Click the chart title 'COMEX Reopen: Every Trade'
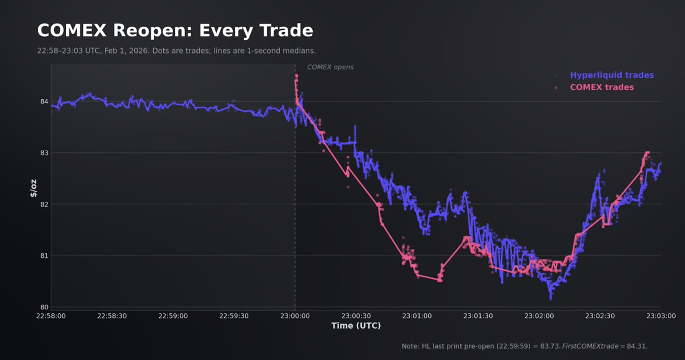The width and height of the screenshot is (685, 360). (175, 30)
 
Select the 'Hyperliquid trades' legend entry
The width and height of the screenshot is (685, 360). (611, 75)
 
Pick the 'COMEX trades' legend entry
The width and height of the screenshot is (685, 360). (602, 87)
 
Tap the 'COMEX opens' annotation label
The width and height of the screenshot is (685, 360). (330, 67)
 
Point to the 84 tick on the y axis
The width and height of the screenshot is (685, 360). (44, 102)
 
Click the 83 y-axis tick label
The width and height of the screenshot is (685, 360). (44, 153)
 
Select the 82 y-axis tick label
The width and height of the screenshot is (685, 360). (44, 204)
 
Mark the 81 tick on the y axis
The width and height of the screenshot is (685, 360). (44, 255)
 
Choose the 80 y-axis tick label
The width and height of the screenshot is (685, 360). (44, 306)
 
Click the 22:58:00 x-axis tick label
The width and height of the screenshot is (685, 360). (51, 315)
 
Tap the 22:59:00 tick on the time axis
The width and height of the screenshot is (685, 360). (173, 315)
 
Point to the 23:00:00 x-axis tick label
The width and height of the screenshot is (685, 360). (295, 315)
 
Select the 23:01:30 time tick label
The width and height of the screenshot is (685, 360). (478, 315)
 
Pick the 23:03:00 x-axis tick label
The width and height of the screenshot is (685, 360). (661, 315)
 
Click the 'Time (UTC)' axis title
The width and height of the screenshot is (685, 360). (356, 326)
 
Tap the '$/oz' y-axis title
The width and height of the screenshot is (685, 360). (33, 187)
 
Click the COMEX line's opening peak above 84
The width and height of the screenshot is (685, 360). (296, 76)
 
